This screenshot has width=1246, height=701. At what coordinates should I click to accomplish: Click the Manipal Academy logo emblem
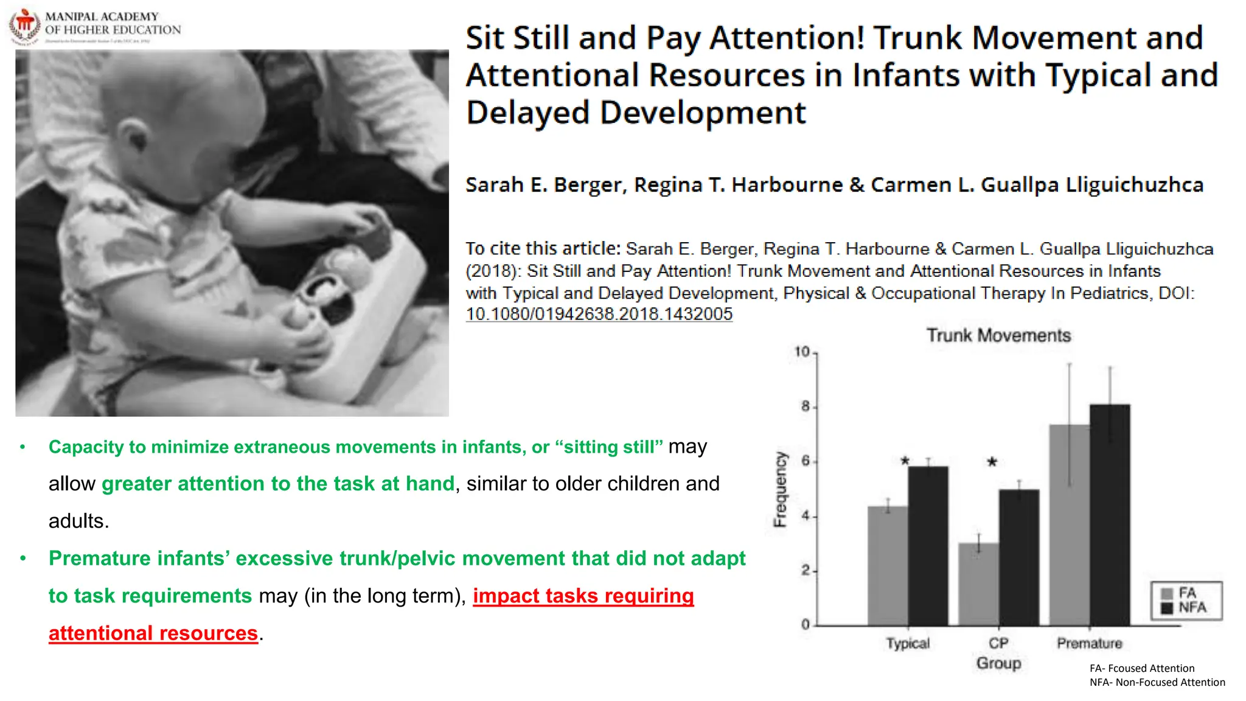24,26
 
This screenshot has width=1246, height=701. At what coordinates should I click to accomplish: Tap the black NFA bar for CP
1018,557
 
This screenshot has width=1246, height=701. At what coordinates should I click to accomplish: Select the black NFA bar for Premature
1110,514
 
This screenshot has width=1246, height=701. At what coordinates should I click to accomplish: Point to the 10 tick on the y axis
802,352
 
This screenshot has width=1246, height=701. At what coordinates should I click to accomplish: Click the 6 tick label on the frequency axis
806,461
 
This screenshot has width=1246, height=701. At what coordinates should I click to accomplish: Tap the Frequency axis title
779,489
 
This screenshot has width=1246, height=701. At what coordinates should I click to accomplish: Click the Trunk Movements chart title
998,335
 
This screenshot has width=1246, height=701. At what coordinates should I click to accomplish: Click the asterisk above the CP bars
992,462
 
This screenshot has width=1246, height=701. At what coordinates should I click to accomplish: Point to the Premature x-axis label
1089,643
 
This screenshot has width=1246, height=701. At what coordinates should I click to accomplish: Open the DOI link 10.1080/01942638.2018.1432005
599,314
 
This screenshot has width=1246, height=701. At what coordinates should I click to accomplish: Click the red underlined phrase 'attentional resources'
153,633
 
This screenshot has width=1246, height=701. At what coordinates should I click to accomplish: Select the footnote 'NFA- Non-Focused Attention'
1157,682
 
